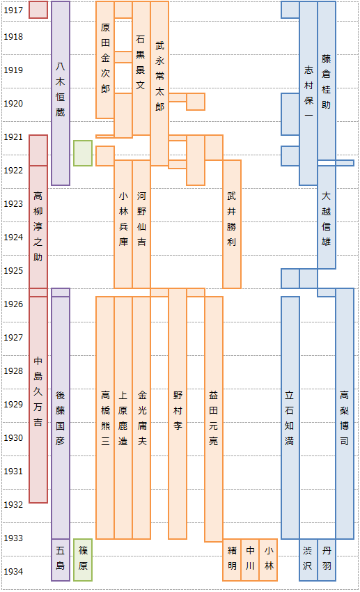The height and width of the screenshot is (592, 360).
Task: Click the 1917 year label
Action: (13, 10)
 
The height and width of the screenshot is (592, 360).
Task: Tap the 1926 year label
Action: (13, 304)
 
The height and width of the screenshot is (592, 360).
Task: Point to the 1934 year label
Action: (13, 572)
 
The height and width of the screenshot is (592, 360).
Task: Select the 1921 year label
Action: (13, 137)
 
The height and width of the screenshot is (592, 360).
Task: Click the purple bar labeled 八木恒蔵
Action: (61, 93)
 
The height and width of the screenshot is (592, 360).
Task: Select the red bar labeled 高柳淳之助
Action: (38, 226)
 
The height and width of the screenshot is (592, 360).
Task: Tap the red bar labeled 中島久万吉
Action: (38, 400)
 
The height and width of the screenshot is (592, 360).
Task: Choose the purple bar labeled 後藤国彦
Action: (61, 418)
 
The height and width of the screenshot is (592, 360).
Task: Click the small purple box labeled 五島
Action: (61, 559)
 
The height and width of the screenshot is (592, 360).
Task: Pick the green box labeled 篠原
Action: (83, 559)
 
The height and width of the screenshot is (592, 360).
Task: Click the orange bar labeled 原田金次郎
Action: (105, 60)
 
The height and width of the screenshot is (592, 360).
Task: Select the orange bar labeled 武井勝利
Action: (232, 224)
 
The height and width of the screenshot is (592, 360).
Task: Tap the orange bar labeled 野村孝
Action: (178, 414)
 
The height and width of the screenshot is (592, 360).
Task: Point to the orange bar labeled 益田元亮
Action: (214, 419)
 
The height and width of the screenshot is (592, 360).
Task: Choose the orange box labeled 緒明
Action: (232, 559)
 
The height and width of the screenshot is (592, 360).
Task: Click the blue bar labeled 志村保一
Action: (308, 93)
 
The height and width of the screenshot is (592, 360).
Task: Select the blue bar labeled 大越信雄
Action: (327, 217)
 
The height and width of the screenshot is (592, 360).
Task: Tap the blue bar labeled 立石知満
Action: (290, 418)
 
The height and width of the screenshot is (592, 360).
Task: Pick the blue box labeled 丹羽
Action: (327, 559)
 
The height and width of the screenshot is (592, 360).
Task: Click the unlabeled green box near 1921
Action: (83, 153)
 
